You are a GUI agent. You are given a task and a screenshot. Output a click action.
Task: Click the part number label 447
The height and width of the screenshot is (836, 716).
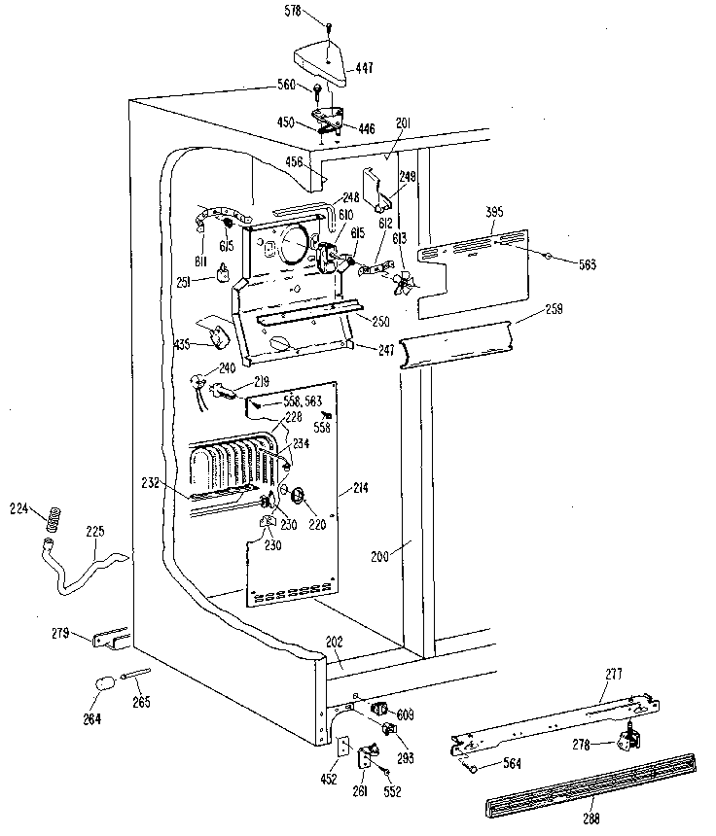click(365, 68)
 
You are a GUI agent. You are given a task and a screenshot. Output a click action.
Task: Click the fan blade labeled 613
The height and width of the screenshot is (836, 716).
click(401, 283)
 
